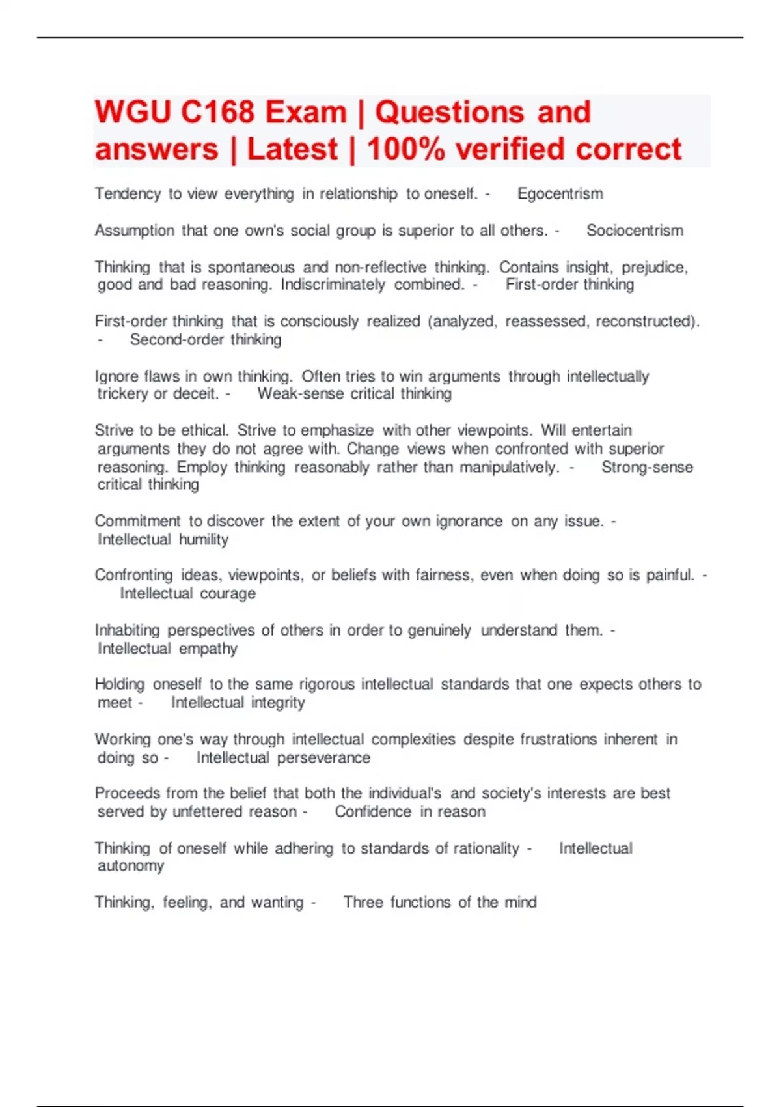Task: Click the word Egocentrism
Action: pyautogui.click(x=560, y=194)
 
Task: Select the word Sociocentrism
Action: pyautogui.click(x=635, y=231)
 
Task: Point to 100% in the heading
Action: pyautogui.click(x=406, y=150)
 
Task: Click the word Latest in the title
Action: pyautogui.click(x=292, y=150)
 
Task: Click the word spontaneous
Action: pyautogui.click(x=251, y=268)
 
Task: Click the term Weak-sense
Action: pyautogui.click(x=300, y=394)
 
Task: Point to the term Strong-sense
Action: pyautogui.click(x=647, y=468)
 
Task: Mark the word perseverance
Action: pyautogui.click(x=323, y=758)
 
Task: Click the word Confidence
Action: pyautogui.click(x=373, y=812)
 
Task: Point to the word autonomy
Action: pyautogui.click(x=131, y=866)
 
